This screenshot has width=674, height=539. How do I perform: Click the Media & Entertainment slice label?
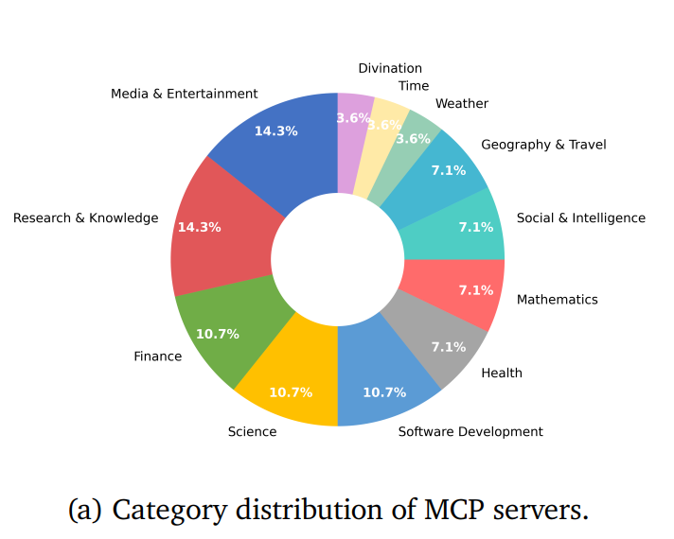pyautogui.click(x=184, y=94)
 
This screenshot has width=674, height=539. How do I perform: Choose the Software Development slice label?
pyautogui.click(x=470, y=431)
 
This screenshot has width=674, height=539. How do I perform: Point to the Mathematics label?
pyautogui.click(x=557, y=300)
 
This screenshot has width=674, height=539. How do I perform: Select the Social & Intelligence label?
pyautogui.click(x=580, y=218)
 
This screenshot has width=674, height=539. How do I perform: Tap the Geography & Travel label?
pyautogui.click(x=543, y=145)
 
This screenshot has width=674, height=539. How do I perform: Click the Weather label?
pyautogui.click(x=462, y=103)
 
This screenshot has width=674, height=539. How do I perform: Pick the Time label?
pyautogui.click(x=414, y=86)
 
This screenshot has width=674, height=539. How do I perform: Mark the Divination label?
pyautogui.click(x=390, y=68)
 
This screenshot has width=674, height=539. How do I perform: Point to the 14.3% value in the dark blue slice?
pyautogui.click(x=276, y=131)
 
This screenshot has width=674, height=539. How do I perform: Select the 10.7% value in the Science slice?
pyautogui.click(x=291, y=392)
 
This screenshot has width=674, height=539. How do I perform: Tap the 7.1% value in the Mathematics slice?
pyautogui.click(x=476, y=290)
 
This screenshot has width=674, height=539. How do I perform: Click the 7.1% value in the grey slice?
pyautogui.click(x=449, y=347)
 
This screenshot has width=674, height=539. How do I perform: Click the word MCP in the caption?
pyautogui.click(x=454, y=510)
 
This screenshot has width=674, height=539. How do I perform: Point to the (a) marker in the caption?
pyautogui.click(x=85, y=511)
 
